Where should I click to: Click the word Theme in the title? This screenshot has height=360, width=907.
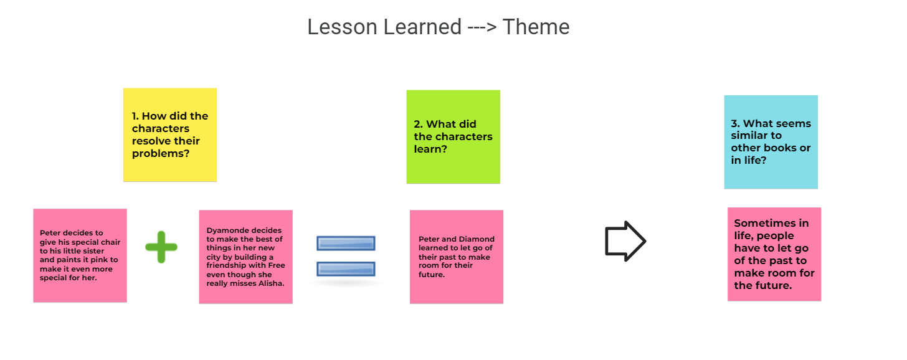pyautogui.click(x=536, y=27)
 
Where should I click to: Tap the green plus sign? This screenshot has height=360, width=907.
pyautogui.click(x=161, y=247)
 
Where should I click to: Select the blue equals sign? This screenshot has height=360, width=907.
pyautogui.click(x=346, y=256)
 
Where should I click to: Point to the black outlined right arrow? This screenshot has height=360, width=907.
pyautogui.click(x=625, y=241)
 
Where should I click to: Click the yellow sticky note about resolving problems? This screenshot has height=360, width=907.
pyautogui.click(x=170, y=135)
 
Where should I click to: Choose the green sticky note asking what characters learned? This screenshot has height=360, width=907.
pyautogui.click(x=453, y=136)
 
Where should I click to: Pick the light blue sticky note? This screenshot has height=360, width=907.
pyautogui.click(x=771, y=142)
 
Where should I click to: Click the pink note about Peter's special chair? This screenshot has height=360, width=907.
pyautogui.click(x=80, y=255)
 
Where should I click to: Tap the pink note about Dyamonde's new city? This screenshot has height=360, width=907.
pyautogui.click(x=245, y=257)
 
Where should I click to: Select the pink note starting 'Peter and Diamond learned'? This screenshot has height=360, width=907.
pyautogui.click(x=456, y=257)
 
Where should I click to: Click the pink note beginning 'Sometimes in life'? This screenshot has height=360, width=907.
pyautogui.click(x=774, y=254)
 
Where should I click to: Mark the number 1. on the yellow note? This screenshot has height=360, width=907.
pyautogui.click(x=136, y=116)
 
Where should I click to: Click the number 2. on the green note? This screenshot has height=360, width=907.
pyautogui.click(x=418, y=124)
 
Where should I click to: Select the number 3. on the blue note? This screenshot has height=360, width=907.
pyautogui.click(x=735, y=123)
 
